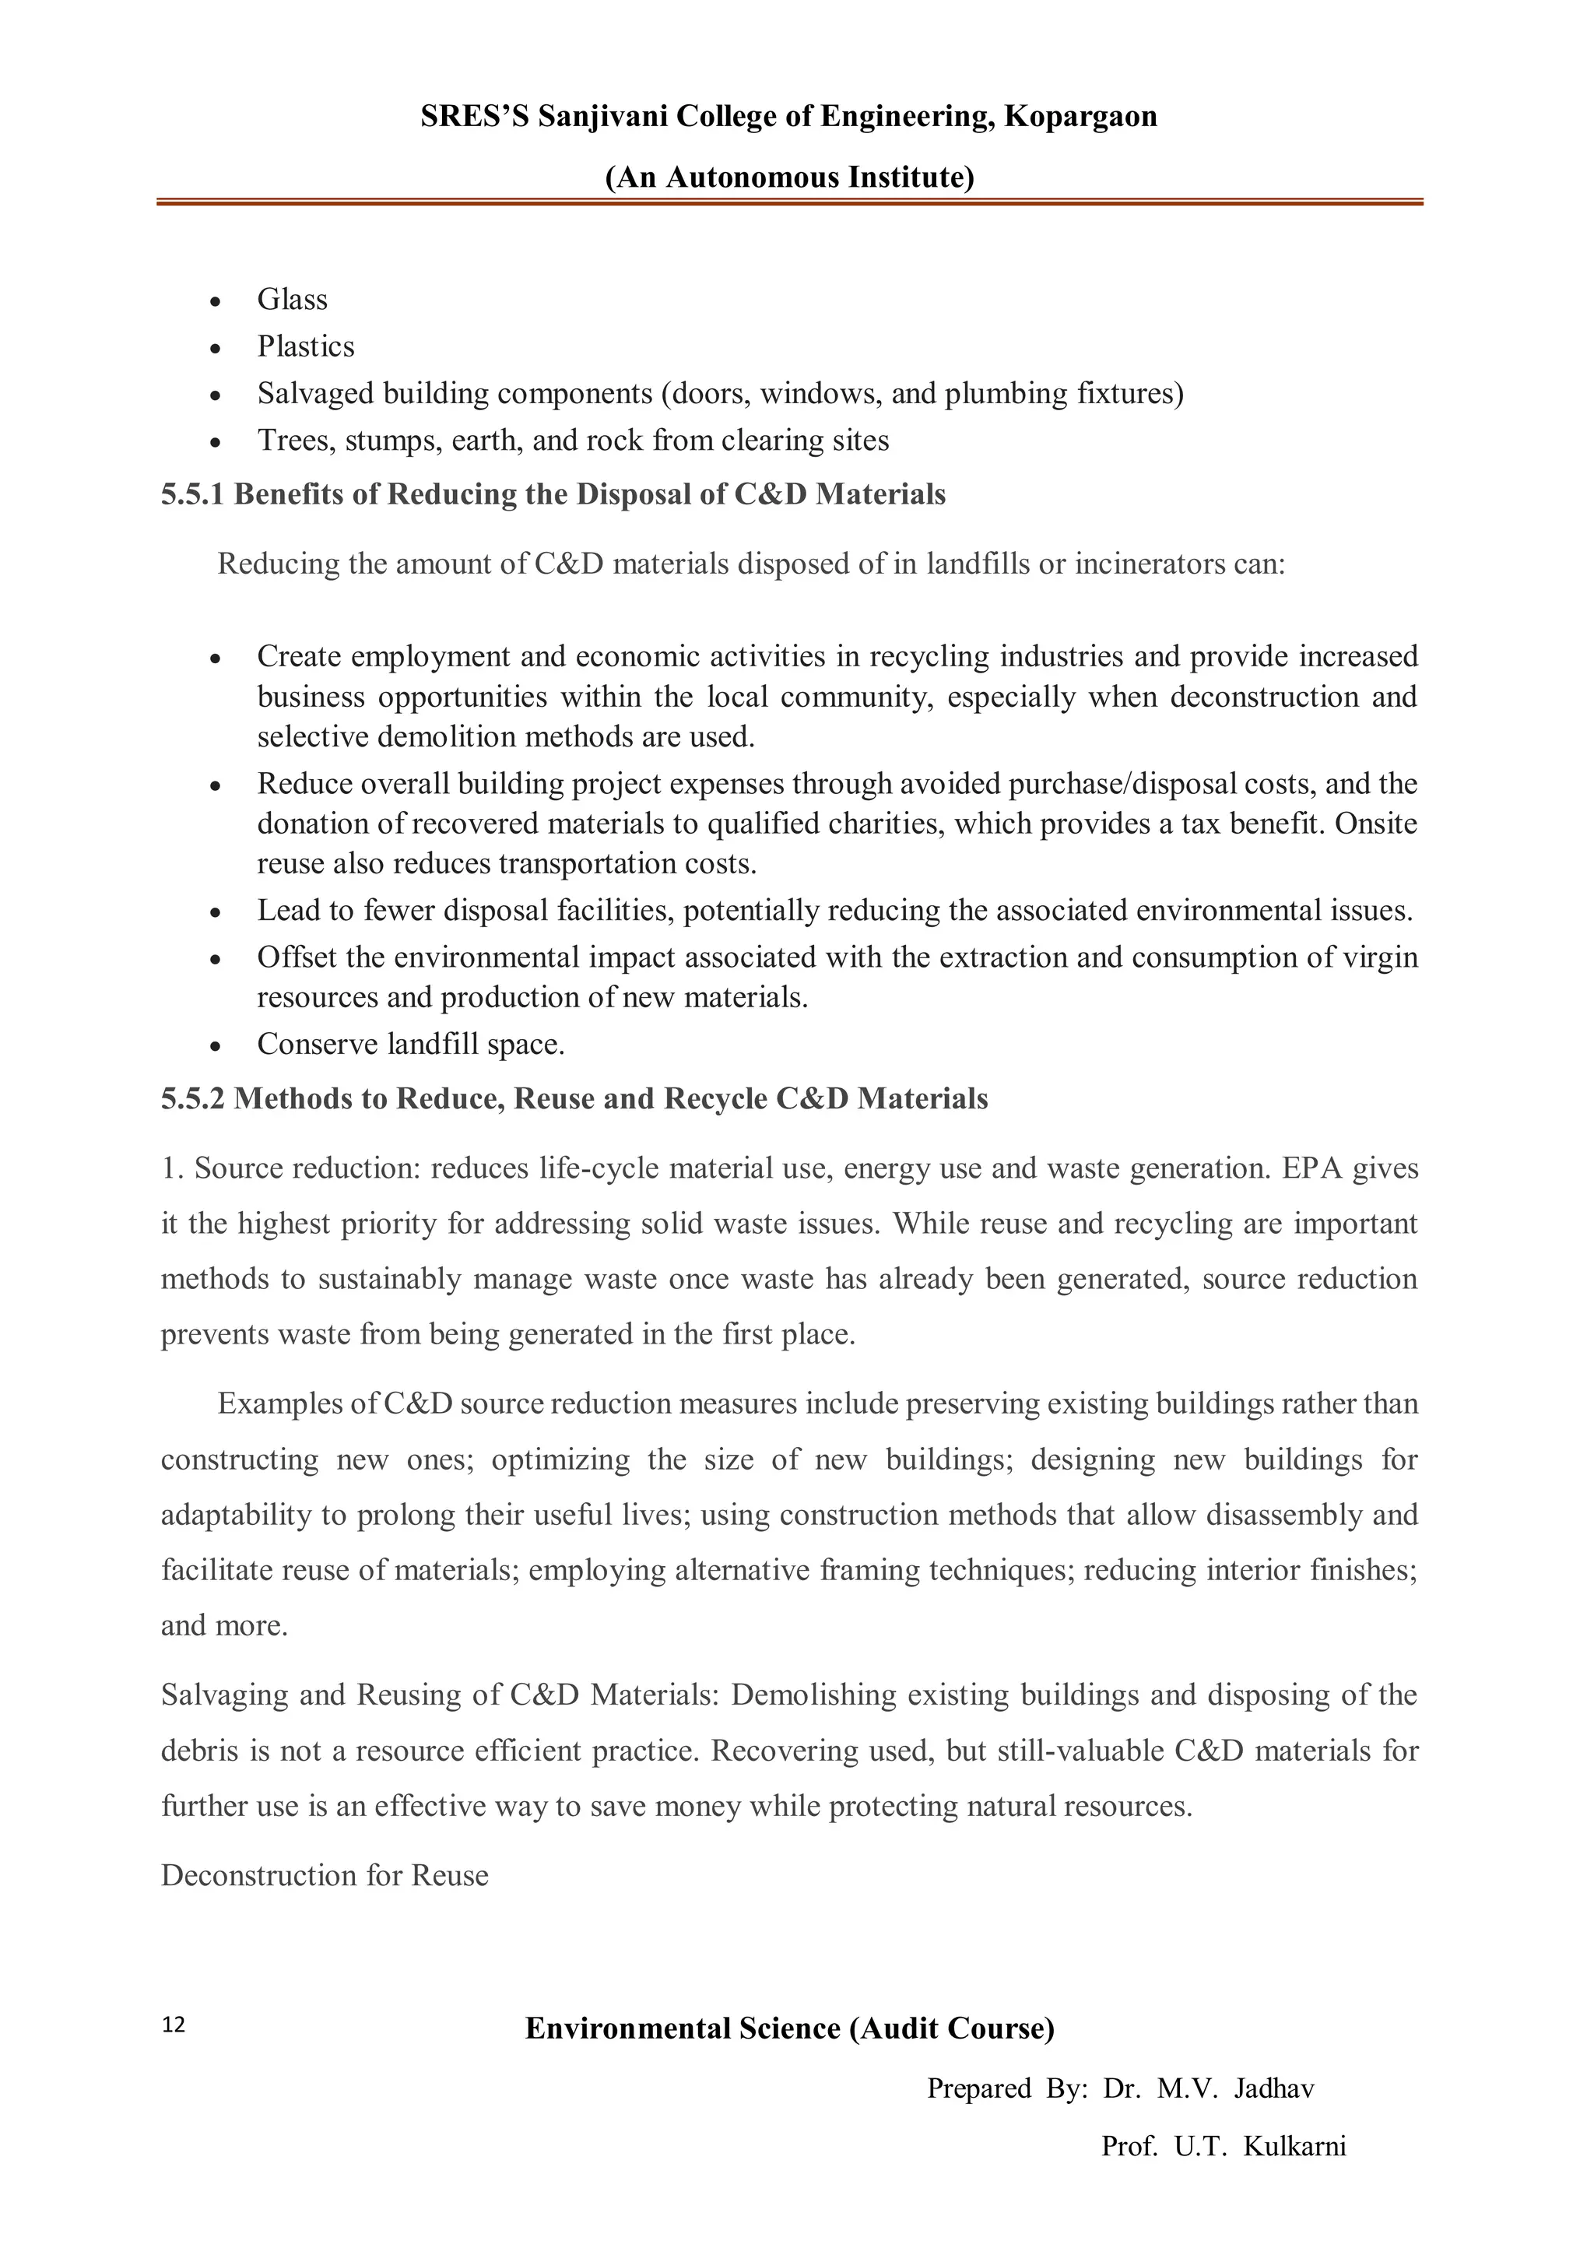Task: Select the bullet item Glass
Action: (292, 300)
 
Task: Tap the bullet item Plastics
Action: (305, 346)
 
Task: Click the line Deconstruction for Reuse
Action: (324, 1875)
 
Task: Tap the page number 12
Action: (173, 2025)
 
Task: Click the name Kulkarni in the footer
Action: (1294, 2147)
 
